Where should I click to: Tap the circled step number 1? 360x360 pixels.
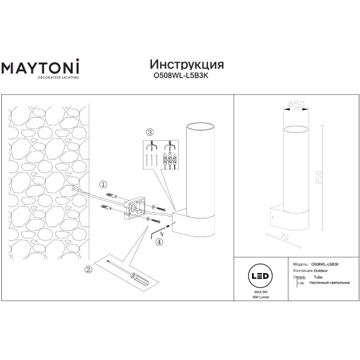pyautogui.click(x=104, y=184)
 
